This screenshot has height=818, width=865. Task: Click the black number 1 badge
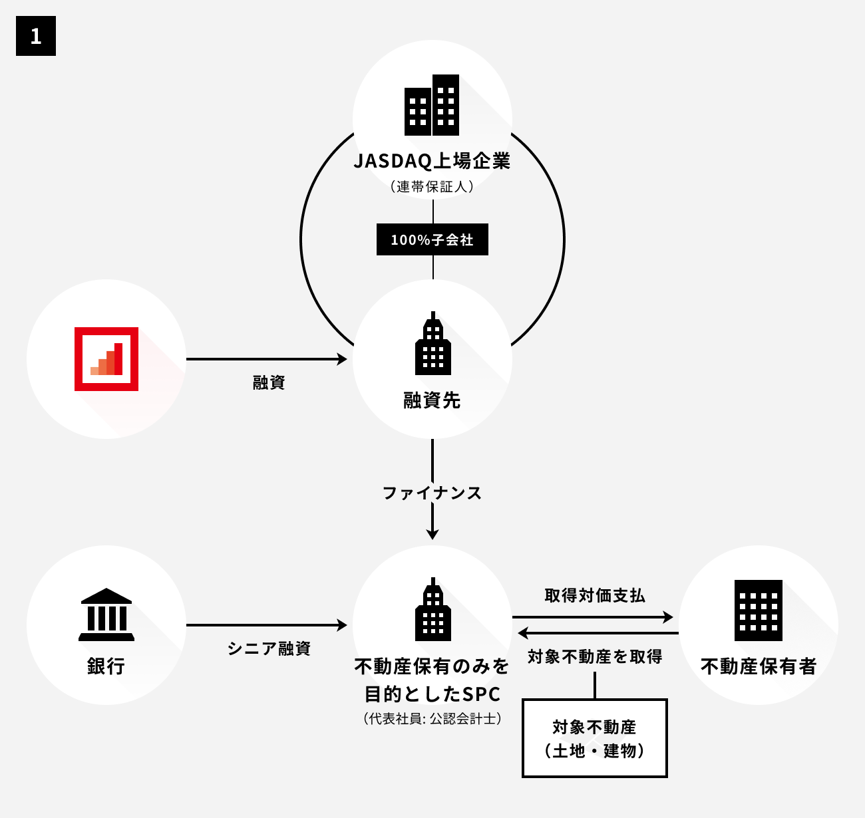pos(36,36)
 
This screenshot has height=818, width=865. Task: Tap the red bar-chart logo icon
pos(106,359)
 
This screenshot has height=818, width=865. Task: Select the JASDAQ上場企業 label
pos(432,162)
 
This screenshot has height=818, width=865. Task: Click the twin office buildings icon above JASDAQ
pos(432,105)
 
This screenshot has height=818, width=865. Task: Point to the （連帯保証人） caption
pos(432,187)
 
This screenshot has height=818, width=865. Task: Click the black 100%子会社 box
pos(432,239)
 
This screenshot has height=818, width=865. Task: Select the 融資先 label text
pos(432,400)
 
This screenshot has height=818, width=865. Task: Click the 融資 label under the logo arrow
pos(269,382)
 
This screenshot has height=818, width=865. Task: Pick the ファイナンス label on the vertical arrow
pos(432,493)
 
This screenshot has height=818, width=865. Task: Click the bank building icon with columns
pos(106,614)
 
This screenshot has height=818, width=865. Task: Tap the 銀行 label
pos(106,666)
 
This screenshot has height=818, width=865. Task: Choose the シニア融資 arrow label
pos(269,648)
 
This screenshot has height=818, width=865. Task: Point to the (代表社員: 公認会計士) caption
pos(432,719)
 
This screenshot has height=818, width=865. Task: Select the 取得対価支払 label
pos(595,595)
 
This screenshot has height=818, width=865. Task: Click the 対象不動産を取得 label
pos(595,657)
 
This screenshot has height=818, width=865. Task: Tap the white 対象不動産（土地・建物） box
pos(595,738)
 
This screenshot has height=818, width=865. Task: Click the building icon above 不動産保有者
pos(759,610)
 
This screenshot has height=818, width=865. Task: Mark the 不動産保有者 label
pos(759,666)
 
